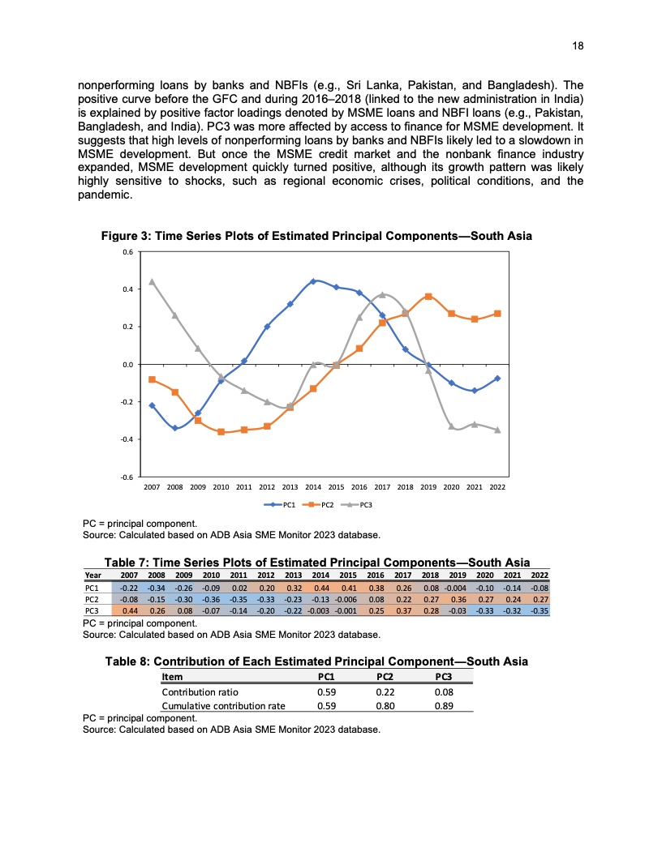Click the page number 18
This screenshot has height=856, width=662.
(578, 47)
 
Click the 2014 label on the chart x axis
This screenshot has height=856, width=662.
(313, 488)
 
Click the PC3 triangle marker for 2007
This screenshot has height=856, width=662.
(152, 281)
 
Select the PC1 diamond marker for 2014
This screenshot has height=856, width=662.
(313, 281)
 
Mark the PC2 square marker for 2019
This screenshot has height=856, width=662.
(428, 297)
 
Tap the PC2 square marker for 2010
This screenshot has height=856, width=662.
(221, 432)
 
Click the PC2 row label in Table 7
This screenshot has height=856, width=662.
(92, 599)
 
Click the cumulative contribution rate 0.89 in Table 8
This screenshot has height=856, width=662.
(443, 706)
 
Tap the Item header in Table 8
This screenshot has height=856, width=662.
(172, 677)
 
